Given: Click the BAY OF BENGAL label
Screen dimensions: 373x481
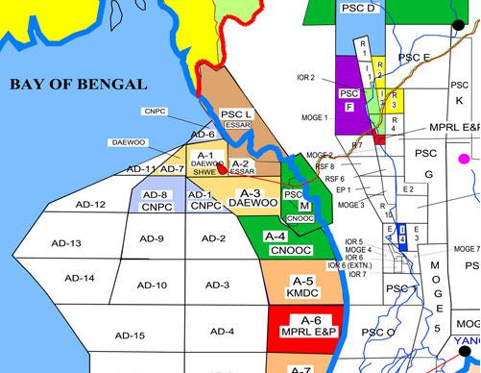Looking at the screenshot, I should click(78, 86).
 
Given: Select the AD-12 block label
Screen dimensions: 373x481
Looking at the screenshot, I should click(91, 205).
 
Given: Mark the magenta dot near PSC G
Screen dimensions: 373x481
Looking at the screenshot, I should click(465, 158).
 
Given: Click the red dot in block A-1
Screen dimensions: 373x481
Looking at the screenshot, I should click(223, 169).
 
